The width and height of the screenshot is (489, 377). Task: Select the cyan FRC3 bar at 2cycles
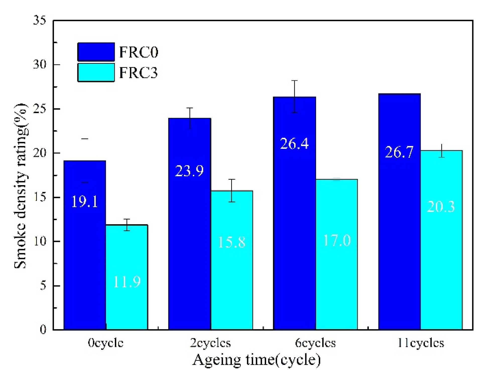231,276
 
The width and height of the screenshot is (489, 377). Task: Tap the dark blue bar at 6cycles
294,226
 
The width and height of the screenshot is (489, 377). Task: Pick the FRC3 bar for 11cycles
441,264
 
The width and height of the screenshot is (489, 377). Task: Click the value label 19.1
85,202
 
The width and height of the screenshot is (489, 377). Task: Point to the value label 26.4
294,144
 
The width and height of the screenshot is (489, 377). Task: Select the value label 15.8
231,242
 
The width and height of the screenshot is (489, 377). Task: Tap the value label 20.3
441,207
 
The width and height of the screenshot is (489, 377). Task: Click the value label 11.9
127,282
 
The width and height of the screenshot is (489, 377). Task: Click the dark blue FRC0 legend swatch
96,52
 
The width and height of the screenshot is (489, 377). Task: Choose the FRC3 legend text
138,73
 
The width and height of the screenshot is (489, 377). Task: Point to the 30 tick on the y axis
40,65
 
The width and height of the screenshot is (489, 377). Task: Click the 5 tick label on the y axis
43,286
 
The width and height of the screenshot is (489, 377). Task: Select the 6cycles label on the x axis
315,343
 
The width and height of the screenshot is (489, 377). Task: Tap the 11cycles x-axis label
421,343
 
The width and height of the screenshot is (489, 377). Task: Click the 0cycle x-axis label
106,343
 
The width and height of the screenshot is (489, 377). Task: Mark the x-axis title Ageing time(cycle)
256,360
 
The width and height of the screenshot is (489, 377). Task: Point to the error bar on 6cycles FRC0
294,96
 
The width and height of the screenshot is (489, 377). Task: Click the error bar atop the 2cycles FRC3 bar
231,190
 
